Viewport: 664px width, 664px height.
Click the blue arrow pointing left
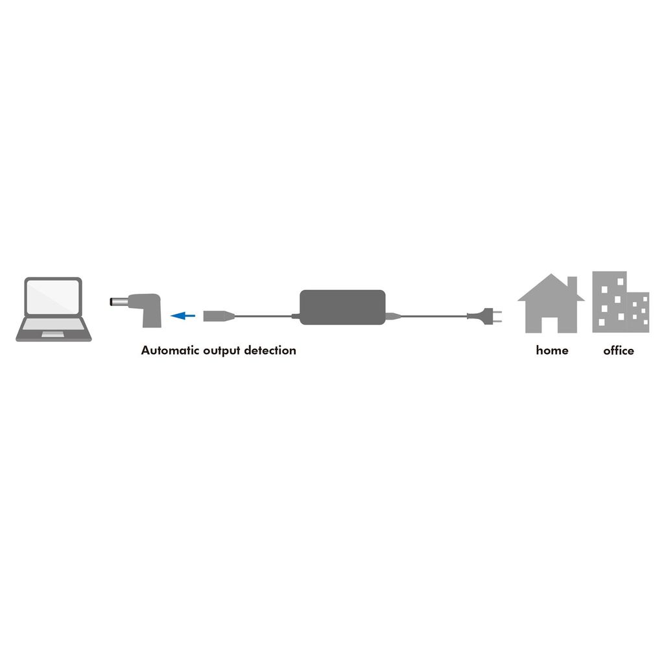pos(183,316)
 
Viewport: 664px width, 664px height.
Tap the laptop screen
pos(53,297)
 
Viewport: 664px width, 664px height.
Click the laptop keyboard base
pos(53,329)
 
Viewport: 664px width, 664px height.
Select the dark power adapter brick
pos(342,307)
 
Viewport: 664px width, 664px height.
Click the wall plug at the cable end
pos(484,316)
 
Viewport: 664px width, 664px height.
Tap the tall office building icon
pos(610,302)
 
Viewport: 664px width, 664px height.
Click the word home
pos(552,350)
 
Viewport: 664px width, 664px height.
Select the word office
pos(618,350)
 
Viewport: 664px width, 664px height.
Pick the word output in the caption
pos(222,351)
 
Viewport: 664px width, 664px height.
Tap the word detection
pos(270,350)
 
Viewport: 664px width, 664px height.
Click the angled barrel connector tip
pos(119,302)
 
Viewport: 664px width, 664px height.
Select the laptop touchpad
pos(53,335)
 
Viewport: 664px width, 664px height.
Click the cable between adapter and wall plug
pos(434,316)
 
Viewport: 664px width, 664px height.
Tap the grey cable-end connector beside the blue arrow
pos(219,316)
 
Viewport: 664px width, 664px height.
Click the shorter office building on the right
pos(638,312)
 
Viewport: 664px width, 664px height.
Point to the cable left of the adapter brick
pos(263,316)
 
